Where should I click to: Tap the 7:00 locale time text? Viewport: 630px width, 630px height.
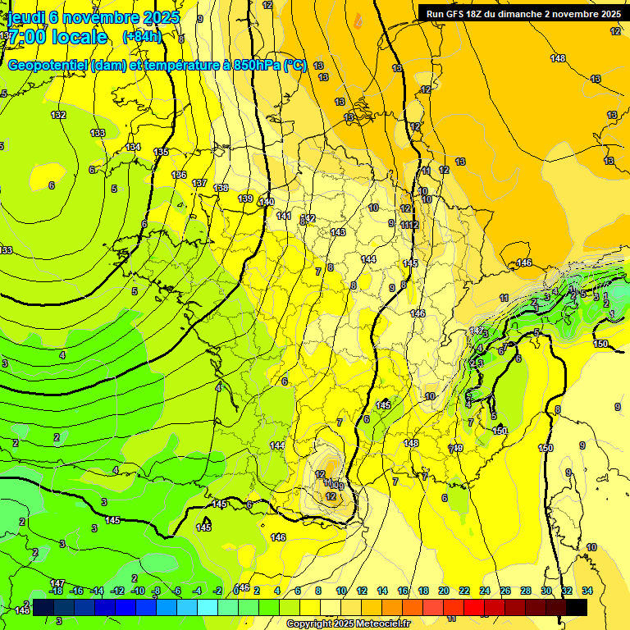coord(57,37)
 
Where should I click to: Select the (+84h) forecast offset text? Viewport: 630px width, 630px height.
coord(142,37)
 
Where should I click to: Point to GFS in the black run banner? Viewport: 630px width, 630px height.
coord(458,13)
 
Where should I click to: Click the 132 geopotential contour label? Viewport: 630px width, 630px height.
coord(58,115)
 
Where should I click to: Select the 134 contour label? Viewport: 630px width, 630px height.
coord(133,147)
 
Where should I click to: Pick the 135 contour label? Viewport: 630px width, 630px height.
coord(161,152)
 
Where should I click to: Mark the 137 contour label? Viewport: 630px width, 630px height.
coord(199,183)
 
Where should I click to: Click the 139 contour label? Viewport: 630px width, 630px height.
coord(245,199)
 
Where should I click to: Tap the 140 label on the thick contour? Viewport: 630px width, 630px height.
coord(267,202)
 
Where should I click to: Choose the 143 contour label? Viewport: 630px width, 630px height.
coord(338,233)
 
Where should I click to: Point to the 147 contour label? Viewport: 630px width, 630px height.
coord(57,582)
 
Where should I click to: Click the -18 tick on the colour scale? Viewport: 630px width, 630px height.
coord(56,591)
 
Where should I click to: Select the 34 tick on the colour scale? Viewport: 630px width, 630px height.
coord(587,591)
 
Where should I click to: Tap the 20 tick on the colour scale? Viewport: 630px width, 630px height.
coord(444,591)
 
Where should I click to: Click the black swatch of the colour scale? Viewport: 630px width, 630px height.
coord(576,607)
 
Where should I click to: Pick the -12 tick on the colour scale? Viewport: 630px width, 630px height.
coord(116,591)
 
